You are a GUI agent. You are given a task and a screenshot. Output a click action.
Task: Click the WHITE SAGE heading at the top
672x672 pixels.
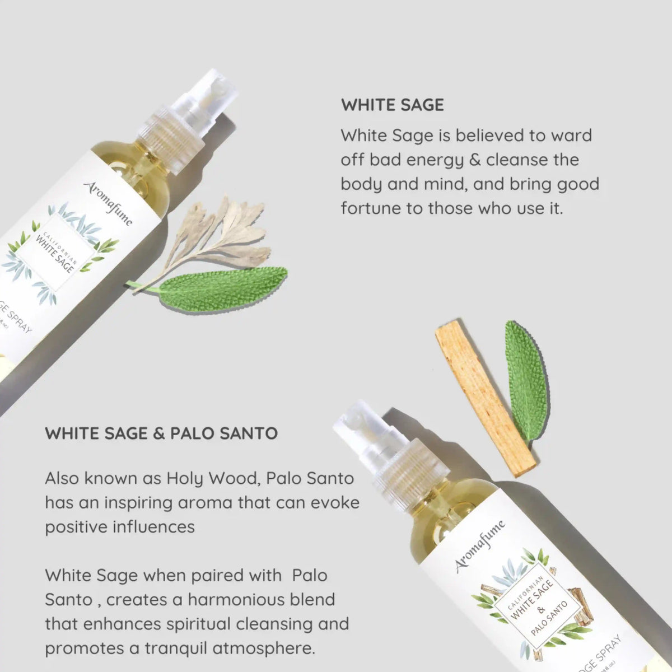coord(392,105)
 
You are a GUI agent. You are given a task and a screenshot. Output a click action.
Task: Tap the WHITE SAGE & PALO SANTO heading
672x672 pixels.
coord(161,433)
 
